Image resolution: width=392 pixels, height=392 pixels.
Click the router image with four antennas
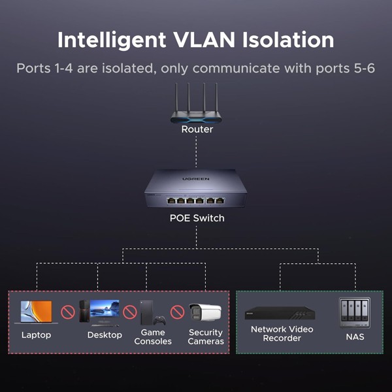pos(196,105)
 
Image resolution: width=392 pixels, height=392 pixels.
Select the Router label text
pos(197,129)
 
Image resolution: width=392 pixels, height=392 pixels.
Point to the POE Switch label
pos(197,218)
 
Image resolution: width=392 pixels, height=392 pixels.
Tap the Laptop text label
pos(36,335)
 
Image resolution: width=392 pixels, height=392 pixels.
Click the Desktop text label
pos(105,335)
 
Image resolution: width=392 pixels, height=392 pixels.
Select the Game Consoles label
pos(153,337)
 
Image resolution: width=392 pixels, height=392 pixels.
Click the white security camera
pos(206,312)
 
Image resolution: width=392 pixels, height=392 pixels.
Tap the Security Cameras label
pos(206,337)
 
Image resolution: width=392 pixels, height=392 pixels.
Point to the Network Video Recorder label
pos(282,333)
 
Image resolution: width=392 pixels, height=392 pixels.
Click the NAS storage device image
pos(354,312)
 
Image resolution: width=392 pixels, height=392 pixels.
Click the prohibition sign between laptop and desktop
pos(67,312)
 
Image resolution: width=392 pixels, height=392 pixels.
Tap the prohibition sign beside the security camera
pos(177,312)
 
